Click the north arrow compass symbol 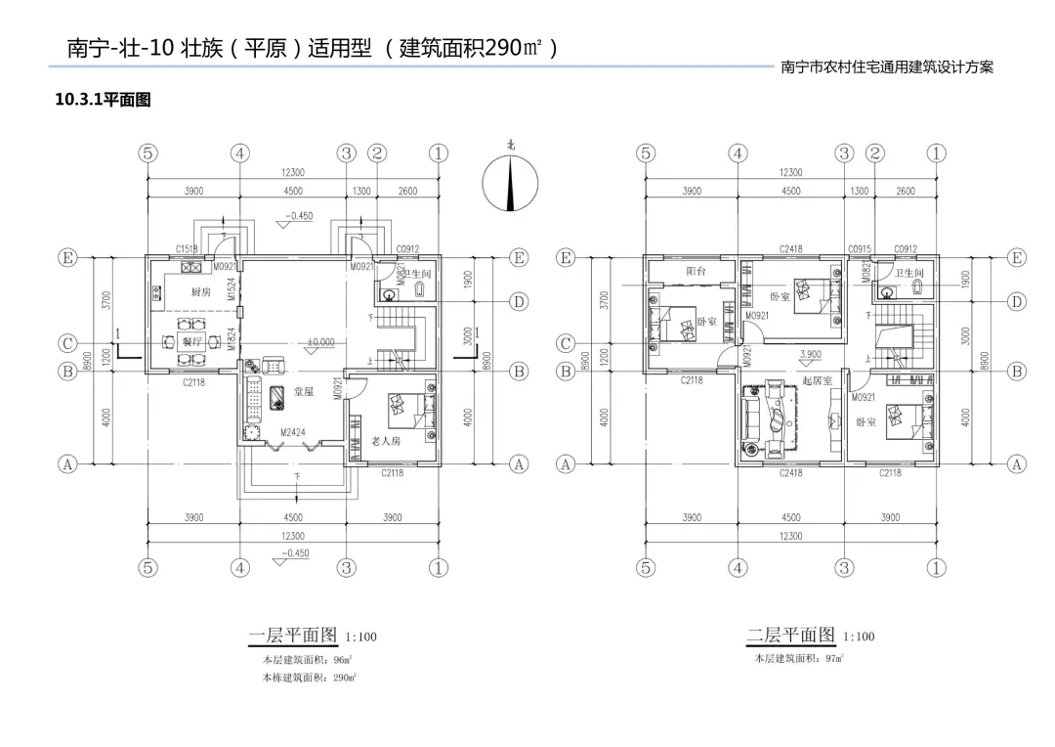point(511,185)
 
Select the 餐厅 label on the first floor point(192,341)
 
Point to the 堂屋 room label point(304,391)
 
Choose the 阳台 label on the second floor point(696,270)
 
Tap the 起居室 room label point(817,379)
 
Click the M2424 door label point(293,431)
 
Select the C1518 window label point(187,249)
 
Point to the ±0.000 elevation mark point(320,342)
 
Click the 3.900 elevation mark point(811,354)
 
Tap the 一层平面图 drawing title point(292,636)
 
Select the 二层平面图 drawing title point(790,636)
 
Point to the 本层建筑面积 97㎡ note point(799,659)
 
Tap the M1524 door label point(232,287)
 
